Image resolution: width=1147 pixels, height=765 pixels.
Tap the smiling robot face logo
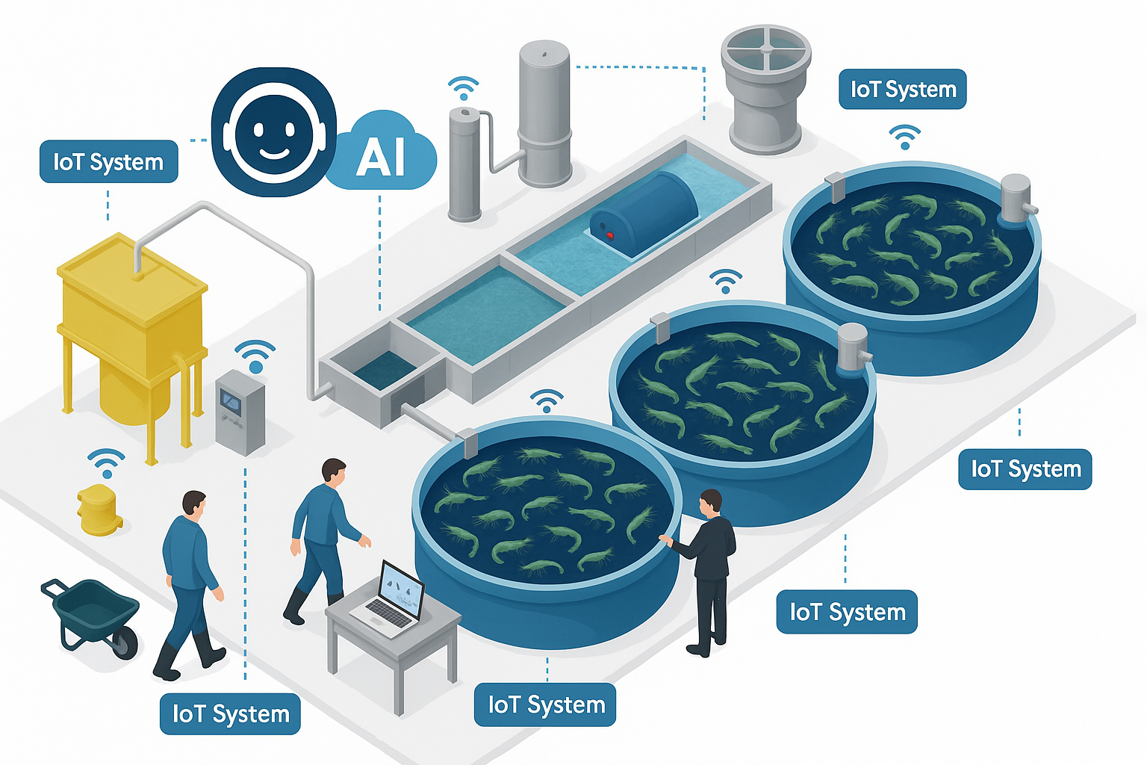(x=273, y=133)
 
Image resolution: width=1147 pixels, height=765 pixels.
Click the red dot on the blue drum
(x=610, y=235)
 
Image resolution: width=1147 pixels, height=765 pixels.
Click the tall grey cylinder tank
(x=544, y=112)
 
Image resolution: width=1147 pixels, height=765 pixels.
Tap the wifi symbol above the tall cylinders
(x=464, y=87)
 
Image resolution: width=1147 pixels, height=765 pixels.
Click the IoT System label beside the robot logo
(x=108, y=161)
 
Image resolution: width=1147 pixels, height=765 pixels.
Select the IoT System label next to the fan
(x=902, y=90)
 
